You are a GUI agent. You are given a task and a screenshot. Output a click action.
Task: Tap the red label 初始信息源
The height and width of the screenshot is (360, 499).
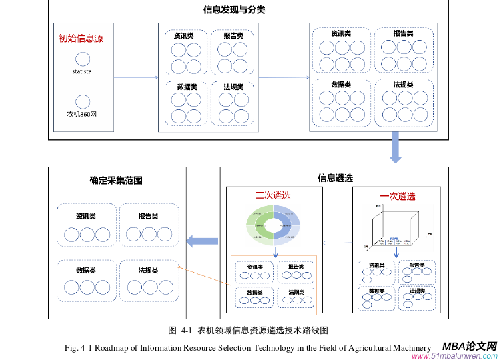point(81,38)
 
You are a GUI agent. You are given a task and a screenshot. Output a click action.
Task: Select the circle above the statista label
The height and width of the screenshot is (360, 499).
point(82,59)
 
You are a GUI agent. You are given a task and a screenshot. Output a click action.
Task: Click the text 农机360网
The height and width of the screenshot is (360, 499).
point(82,114)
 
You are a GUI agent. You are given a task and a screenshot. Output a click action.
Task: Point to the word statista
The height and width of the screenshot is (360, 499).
point(82,71)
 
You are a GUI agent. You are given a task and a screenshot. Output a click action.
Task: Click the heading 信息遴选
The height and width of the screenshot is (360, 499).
point(335,178)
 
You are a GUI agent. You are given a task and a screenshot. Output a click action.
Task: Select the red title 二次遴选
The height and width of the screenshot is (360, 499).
point(273,195)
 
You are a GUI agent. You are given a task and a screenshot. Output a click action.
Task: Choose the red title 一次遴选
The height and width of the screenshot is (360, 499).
point(397,196)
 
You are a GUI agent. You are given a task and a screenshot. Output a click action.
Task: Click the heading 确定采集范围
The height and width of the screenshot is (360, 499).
point(116,180)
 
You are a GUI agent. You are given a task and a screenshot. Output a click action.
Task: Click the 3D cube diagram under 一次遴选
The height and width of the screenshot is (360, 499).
point(396,225)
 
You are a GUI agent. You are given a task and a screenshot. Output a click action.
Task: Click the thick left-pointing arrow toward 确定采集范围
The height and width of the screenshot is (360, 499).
point(201,241)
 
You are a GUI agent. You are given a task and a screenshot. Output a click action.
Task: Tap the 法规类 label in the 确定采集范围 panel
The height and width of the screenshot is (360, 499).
point(148,271)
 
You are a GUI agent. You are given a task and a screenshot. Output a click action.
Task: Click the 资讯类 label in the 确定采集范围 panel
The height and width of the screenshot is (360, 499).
point(85,217)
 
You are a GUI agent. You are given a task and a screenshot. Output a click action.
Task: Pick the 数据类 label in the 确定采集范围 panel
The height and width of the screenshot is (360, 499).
point(85,271)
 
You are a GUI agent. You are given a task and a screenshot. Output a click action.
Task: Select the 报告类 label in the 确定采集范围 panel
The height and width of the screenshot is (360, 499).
point(148,217)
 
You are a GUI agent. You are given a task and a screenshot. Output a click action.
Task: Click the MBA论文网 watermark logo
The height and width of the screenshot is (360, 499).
point(470,346)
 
